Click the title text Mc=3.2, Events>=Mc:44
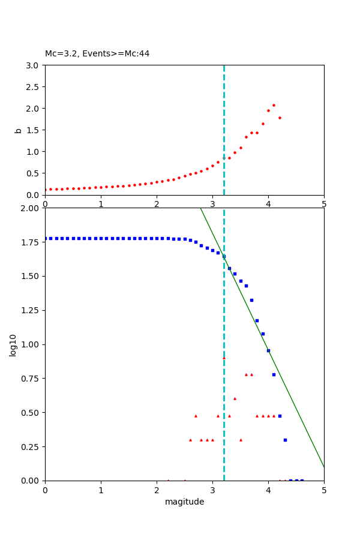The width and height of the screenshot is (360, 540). click(97, 54)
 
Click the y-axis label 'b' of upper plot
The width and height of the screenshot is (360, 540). click(18, 130)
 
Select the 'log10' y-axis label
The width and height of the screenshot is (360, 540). click(13, 344)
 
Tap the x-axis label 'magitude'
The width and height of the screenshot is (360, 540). click(184, 502)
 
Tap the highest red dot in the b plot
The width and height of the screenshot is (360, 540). click(274, 105)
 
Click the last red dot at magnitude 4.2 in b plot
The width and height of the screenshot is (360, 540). click(280, 118)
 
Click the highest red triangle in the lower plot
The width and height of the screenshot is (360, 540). click(224, 358)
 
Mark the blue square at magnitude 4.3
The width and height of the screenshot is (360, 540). click(285, 440)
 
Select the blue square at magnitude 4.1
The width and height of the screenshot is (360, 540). click(274, 374)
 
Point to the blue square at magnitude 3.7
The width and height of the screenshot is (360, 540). click(251, 300)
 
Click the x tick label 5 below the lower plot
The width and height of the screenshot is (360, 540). click(324, 490)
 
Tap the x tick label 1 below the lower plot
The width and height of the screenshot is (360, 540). click(101, 490)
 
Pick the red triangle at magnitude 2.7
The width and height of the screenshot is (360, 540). click(196, 415)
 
